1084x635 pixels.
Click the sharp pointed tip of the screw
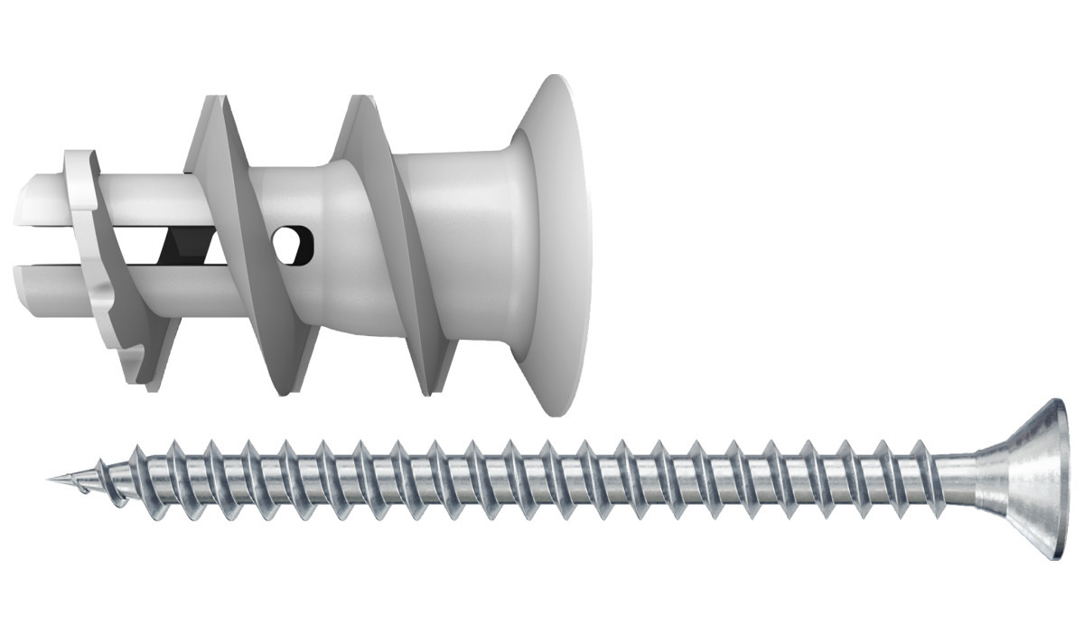click(51, 478)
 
